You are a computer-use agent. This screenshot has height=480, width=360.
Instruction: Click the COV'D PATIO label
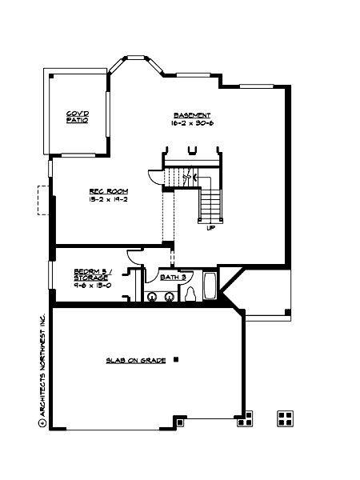coord(77,117)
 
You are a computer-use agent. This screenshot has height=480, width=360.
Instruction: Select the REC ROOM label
coord(104,190)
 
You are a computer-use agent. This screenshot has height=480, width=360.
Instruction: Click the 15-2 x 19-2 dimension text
coord(104,199)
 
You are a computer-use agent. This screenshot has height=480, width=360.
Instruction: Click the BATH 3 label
coord(173,277)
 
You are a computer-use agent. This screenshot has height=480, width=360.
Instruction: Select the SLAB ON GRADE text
coord(136,361)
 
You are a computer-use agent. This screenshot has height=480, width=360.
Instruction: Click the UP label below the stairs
coord(210,228)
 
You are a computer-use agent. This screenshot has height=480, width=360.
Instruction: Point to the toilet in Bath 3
coord(190,294)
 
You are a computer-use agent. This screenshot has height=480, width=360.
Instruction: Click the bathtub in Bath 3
coord(210,287)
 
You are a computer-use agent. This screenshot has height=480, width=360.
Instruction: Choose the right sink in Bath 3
coord(170,297)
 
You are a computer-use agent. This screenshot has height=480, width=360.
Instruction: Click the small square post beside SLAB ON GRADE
coord(176,360)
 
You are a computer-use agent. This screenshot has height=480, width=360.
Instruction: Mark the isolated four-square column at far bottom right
coord(283,417)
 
